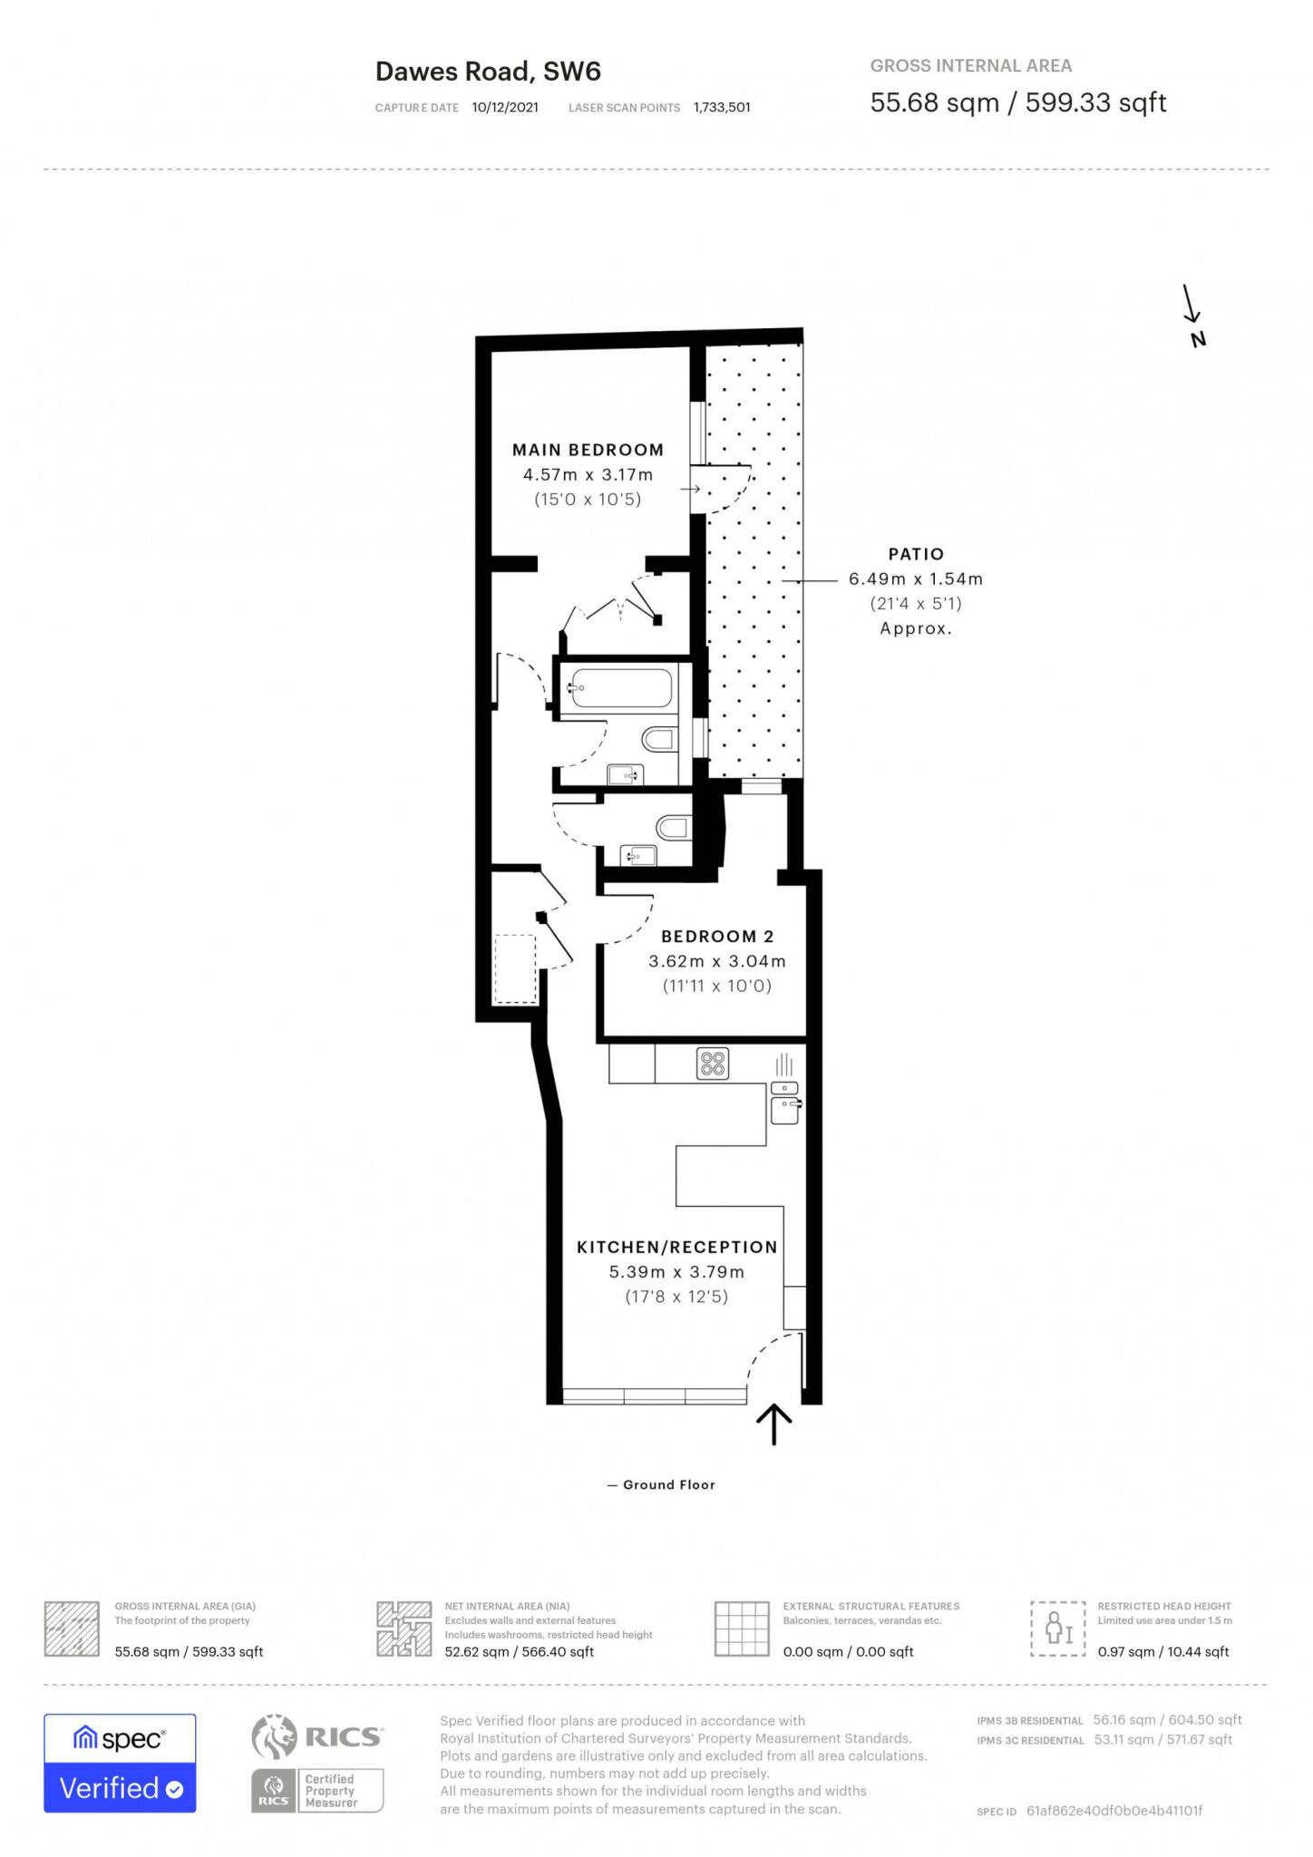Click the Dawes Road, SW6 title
[488, 72]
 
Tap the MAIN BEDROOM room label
[588, 450]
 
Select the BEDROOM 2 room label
[716, 937]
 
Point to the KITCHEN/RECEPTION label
[676, 1247]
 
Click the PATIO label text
[915, 554]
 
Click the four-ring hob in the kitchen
[713, 1064]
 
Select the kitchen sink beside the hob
[784, 1104]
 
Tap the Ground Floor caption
[668, 1484]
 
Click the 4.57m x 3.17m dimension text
[588, 474]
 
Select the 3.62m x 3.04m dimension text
[716, 961]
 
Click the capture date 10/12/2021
[505, 107]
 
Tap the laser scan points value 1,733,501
[722, 107]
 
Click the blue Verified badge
[120, 1788]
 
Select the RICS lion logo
[275, 1736]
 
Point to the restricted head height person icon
[1058, 1629]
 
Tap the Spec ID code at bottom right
[1114, 1811]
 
